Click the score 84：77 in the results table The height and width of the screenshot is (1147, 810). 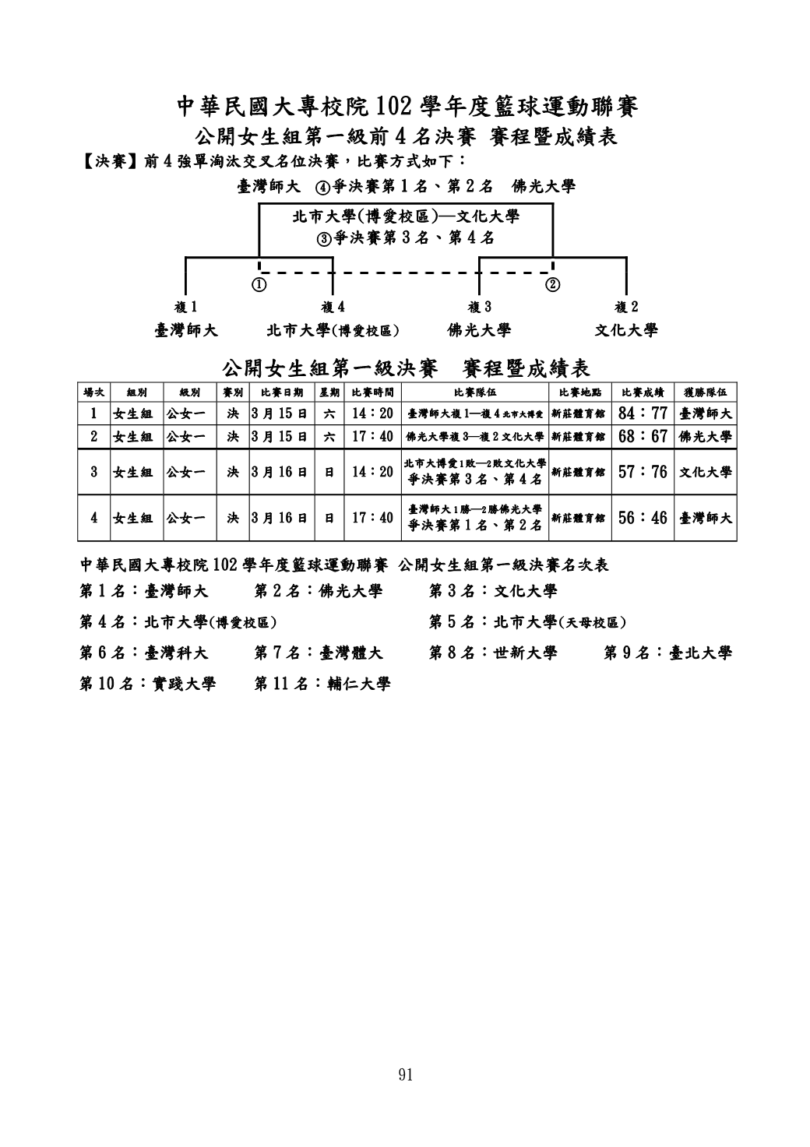click(x=643, y=413)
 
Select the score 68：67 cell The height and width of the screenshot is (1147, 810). click(x=643, y=437)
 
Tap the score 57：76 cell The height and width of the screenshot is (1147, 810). click(x=643, y=472)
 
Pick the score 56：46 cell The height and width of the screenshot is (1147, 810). click(x=643, y=517)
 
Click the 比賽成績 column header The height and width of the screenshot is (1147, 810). click(x=643, y=392)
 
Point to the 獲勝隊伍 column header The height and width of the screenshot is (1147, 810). click(x=706, y=392)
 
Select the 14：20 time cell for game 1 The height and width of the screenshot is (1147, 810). click(x=372, y=413)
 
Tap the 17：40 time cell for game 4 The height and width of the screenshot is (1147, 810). click(x=372, y=517)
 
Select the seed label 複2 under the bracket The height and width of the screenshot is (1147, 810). click(x=626, y=308)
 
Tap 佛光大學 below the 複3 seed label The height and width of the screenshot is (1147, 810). click(x=479, y=330)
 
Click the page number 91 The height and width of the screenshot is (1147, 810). click(x=405, y=1075)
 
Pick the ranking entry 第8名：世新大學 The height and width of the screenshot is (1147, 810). click(x=493, y=653)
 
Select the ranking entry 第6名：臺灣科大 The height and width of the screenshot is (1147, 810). click(x=144, y=653)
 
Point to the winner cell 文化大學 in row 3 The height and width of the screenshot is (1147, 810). click(x=706, y=472)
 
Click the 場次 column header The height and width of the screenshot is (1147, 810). click(x=93, y=392)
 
